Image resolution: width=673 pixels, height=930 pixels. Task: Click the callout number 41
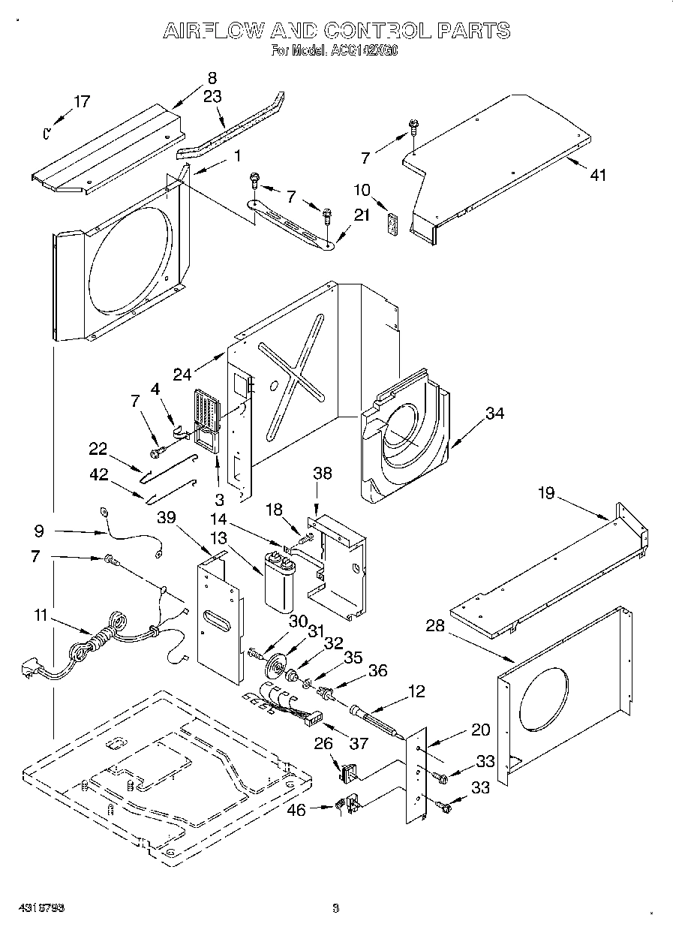(598, 176)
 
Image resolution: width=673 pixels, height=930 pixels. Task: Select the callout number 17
(81, 101)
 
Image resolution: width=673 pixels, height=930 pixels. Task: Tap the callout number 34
(494, 413)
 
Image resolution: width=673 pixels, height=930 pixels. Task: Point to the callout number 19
(545, 493)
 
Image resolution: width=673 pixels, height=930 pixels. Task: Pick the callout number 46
(297, 811)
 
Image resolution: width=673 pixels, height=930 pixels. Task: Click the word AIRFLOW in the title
(213, 31)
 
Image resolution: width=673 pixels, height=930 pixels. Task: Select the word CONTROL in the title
(377, 31)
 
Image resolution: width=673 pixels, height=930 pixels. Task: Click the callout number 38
(323, 474)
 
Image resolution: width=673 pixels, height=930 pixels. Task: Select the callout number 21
(362, 215)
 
